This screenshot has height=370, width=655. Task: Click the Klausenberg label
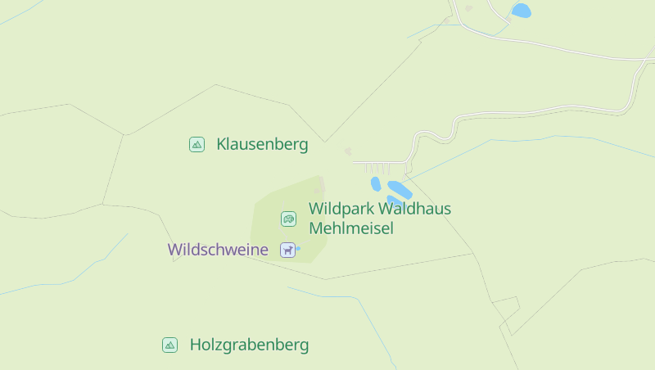[262, 145]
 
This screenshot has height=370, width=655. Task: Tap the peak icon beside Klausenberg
[196, 145]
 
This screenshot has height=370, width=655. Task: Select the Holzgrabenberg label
[249, 345]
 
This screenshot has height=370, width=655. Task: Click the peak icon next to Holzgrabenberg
[169, 345]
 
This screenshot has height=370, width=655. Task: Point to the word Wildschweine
[218, 250]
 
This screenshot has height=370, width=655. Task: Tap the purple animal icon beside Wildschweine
[287, 250]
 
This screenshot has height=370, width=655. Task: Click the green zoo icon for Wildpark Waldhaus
[288, 219]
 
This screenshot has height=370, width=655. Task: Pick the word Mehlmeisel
[351, 228]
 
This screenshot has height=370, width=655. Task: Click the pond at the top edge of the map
[521, 11]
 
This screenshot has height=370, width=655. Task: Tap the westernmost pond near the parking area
[376, 184]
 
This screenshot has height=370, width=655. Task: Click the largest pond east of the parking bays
[400, 189]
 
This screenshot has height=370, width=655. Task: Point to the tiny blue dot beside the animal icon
[297, 248]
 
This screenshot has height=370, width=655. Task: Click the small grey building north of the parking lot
[348, 151]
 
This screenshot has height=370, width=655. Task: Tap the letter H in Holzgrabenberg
[196, 345]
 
